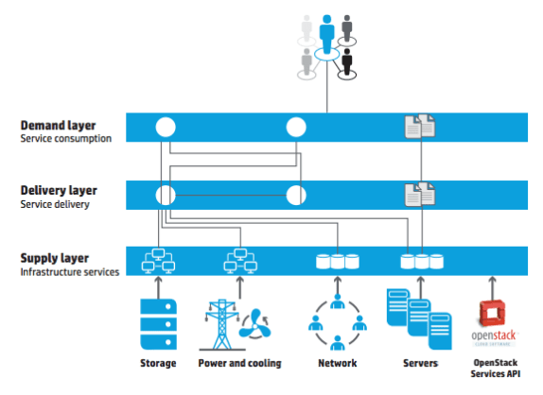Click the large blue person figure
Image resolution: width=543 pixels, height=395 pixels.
[x=326, y=34]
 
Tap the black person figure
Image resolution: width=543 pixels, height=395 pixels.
[x=346, y=61]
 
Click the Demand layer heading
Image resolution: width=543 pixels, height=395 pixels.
[x=59, y=126]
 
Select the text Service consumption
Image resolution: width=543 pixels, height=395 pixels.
[x=66, y=138]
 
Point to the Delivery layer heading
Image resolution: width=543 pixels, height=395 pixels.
[x=59, y=190]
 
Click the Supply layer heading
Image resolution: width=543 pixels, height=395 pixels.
[x=54, y=258]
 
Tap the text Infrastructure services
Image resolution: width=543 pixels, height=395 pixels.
[x=70, y=272]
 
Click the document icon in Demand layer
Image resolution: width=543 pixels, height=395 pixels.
[x=420, y=127]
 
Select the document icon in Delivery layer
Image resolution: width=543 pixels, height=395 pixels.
[x=420, y=195]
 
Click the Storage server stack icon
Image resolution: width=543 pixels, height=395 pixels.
[x=158, y=324]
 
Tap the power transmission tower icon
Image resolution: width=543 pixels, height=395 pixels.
[x=221, y=325]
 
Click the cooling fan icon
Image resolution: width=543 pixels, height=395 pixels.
[x=255, y=324]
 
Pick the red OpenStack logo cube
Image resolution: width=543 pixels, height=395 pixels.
[x=492, y=313]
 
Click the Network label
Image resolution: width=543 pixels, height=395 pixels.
[x=338, y=363]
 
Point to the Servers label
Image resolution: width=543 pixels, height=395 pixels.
[x=420, y=363]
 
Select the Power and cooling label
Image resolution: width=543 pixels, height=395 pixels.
[x=239, y=363]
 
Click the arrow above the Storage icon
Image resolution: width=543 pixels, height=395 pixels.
[x=158, y=287]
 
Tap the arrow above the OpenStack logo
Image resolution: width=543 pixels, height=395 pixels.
[x=492, y=288]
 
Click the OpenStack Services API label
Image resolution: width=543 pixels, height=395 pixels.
[x=495, y=368]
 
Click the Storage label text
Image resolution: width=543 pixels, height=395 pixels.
[x=158, y=363]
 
